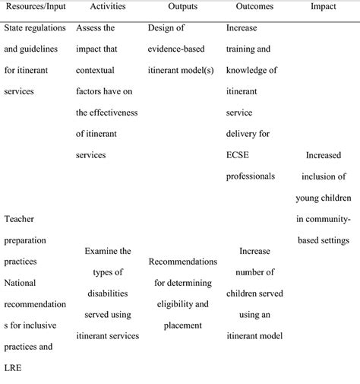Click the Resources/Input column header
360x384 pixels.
pyautogui.click(x=36, y=8)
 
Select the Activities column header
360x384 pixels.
pyautogui.click(x=106, y=8)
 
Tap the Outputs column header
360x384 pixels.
pyautogui.click(x=182, y=8)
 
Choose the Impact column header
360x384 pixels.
pyautogui.click(x=323, y=8)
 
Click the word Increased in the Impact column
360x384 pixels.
pyautogui.click(x=324, y=154)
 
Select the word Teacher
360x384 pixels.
pyautogui.click(x=20, y=219)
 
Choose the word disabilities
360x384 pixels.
pyautogui.click(x=107, y=293)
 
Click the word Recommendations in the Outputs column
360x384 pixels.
pyautogui.click(x=182, y=262)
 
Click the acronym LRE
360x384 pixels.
pyautogui.click(x=14, y=370)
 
